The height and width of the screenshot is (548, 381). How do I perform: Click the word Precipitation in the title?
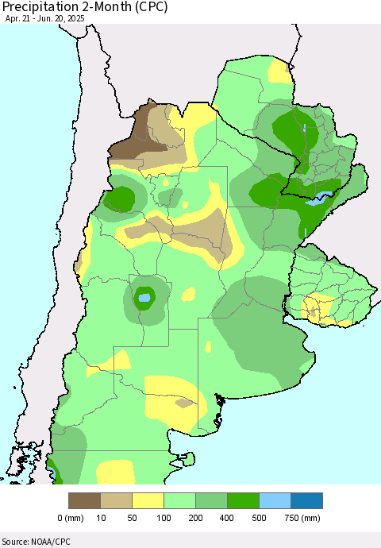[x=41, y=8]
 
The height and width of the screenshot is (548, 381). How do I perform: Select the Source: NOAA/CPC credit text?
[x=36, y=540]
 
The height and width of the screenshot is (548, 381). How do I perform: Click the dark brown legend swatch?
[x=85, y=500]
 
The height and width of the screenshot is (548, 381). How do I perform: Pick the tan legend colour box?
[x=117, y=500]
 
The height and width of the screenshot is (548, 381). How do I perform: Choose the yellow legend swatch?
[x=148, y=500]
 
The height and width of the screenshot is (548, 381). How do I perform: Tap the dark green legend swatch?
[x=244, y=500]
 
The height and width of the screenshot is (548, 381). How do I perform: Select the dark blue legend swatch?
[x=307, y=500]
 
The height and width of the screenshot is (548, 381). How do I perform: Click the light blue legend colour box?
[x=275, y=500]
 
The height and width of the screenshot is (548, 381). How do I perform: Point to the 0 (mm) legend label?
[x=71, y=518]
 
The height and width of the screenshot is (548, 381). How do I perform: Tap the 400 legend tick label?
[x=227, y=518]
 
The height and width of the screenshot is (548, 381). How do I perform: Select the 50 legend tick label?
[x=133, y=518]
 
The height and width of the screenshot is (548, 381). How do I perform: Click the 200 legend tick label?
[x=195, y=518]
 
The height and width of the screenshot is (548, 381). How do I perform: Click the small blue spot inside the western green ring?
[x=144, y=299]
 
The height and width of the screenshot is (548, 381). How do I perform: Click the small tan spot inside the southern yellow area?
[x=184, y=403]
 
